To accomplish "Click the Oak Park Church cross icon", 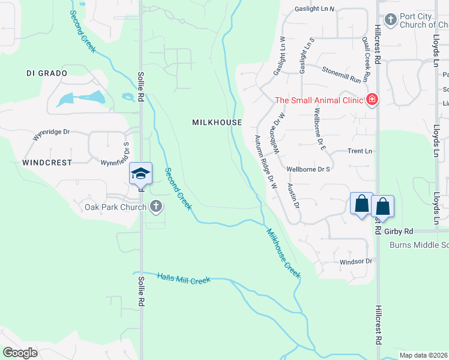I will [x=156, y=207].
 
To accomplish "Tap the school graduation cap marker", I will [x=140, y=174].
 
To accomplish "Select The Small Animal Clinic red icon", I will [x=372, y=100].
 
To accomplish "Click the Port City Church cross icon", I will [x=391, y=20].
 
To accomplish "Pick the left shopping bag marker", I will [x=362, y=204].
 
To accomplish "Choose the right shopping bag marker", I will [x=382, y=207].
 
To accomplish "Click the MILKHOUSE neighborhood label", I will [x=217, y=122].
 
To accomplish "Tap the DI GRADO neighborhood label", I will [x=46, y=73].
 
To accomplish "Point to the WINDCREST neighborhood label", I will [x=47, y=163].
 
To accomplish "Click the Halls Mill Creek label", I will [x=184, y=278].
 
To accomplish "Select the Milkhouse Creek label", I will [x=283, y=253].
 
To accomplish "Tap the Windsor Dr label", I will [x=356, y=262].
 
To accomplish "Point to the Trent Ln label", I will [x=360, y=151].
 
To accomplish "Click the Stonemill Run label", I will [x=345, y=75].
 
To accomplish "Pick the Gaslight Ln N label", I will [x=315, y=10].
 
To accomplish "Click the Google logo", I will [x=20, y=352].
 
